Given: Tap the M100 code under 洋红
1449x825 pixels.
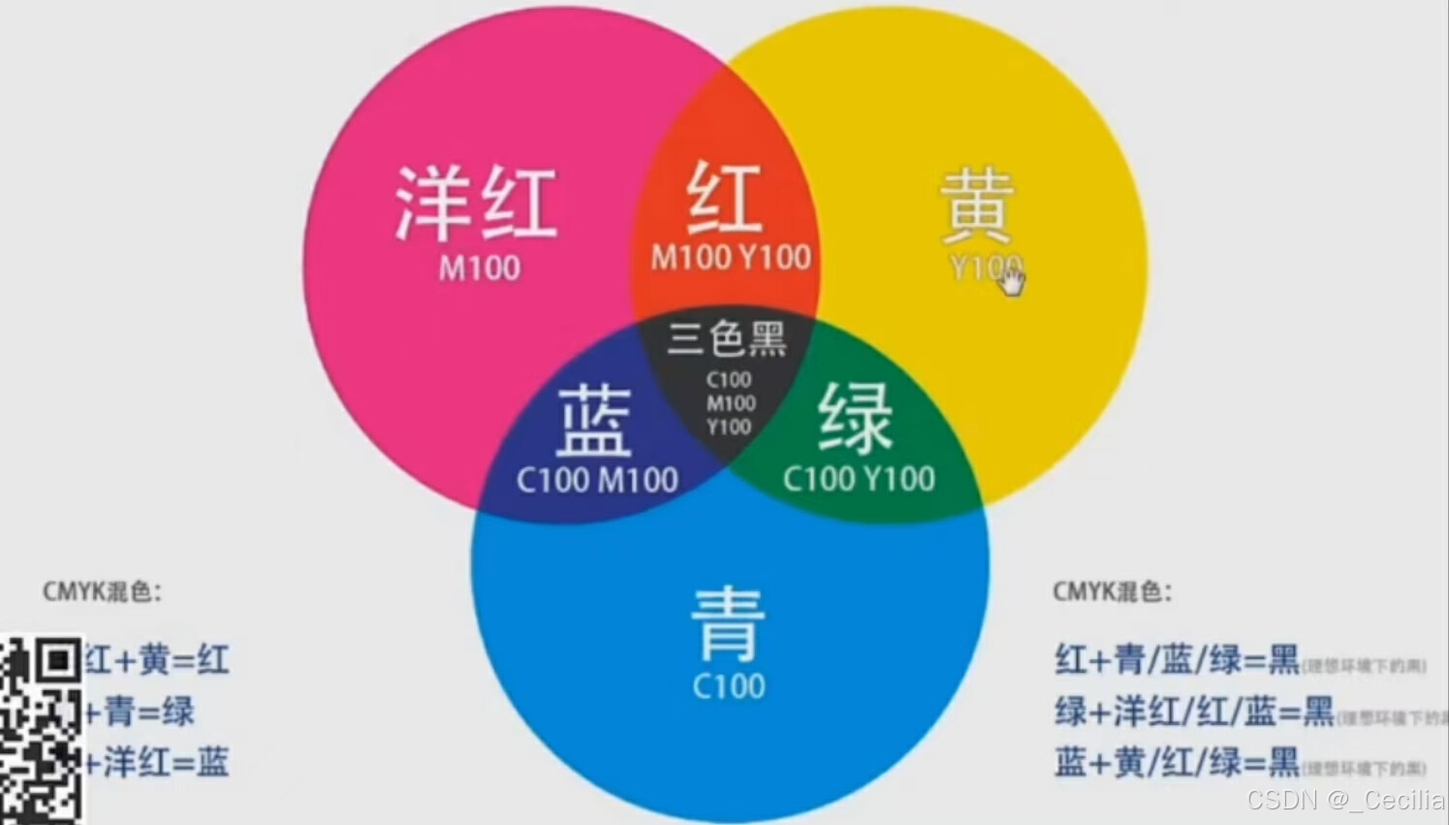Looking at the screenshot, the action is [x=479, y=268].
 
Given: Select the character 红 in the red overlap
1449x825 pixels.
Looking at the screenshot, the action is [x=724, y=198].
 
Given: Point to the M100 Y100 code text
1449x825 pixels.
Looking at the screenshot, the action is [x=731, y=257].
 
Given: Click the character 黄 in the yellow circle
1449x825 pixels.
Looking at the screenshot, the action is [x=977, y=206].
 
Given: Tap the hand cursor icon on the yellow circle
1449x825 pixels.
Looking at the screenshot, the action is [x=1011, y=281].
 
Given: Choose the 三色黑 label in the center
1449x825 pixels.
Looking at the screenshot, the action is [x=727, y=338].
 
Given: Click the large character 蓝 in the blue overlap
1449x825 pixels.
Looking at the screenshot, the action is [x=594, y=420].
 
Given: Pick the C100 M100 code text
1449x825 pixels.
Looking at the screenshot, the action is [x=597, y=479].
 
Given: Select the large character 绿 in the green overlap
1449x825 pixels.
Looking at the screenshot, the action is [x=855, y=417].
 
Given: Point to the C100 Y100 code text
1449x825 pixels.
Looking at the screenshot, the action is [x=859, y=478].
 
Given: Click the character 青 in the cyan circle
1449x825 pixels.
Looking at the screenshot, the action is [x=728, y=623].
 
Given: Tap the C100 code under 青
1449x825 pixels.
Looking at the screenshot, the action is [x=729, y=686].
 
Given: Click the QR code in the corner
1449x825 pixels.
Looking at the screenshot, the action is [x=41, y=730].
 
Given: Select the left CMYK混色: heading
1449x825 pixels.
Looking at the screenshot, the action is [x=102, y=591].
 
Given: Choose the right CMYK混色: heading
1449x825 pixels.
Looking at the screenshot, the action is [x=1112, y=591].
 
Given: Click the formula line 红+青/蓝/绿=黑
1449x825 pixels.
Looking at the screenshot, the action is [x=1177, y=660].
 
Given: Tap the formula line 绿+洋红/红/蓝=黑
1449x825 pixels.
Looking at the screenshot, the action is [x=1194, y=712].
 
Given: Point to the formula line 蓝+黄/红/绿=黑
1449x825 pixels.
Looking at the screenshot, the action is [x=1177, y=762].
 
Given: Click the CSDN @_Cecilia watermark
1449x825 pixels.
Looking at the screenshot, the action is [x=1345, y=800].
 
